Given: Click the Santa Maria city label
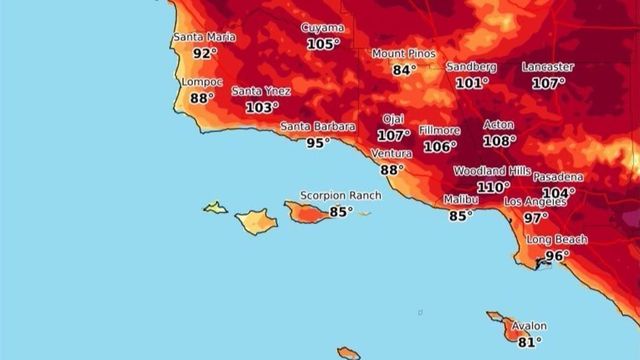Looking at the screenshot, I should pos(205,38).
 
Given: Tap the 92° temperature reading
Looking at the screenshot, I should pos(205,54).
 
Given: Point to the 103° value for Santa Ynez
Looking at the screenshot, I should pos(262,107).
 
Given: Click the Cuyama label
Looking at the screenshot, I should pos(323,29).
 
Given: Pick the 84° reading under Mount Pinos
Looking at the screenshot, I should pos(404,70).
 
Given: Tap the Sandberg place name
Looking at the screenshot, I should pos(471,67).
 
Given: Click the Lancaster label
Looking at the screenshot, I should pos(548,67).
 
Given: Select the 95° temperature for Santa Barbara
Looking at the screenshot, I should pos(318,142).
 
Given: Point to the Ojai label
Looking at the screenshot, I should pos(392,119).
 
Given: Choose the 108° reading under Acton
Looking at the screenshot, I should pos(499,141).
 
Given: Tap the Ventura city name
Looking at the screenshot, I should pos(391,154).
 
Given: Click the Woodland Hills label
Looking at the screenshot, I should pos(492,171).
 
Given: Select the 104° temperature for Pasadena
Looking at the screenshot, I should pos(558,193).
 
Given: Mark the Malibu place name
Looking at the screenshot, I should pos(460,200).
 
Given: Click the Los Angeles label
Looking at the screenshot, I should pos(535,201).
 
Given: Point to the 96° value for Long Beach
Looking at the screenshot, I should pos(557,256).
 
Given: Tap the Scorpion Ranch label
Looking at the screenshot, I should pos(341,196).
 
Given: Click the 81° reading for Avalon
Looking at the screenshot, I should pos(530,342).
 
